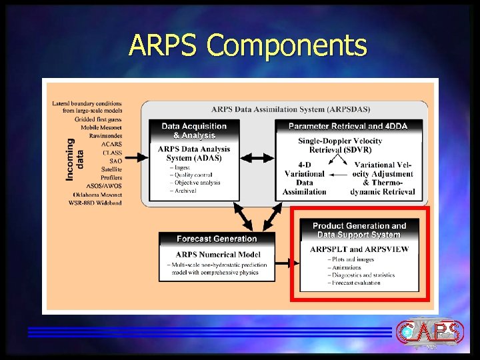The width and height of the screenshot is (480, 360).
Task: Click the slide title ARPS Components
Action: (248, 46)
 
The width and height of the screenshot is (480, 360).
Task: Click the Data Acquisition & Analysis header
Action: (194, 131)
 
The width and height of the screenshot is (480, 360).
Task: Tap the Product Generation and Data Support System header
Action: (359, 231)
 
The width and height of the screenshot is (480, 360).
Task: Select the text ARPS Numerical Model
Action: (217, 254)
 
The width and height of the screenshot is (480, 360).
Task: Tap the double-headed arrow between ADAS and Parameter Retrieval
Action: (258, 158)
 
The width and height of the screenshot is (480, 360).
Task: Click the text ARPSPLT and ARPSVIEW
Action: (359, 249)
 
